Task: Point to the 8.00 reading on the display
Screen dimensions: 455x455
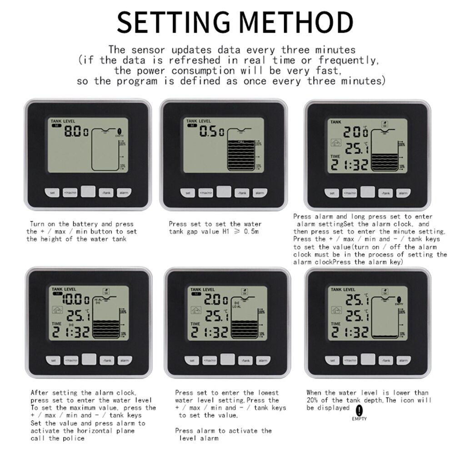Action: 76,132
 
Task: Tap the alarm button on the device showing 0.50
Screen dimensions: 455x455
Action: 260,193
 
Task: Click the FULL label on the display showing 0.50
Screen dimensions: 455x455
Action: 241,142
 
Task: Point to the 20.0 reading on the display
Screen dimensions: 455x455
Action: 356,133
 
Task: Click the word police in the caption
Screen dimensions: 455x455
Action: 74,438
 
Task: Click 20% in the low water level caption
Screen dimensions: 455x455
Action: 313,400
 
